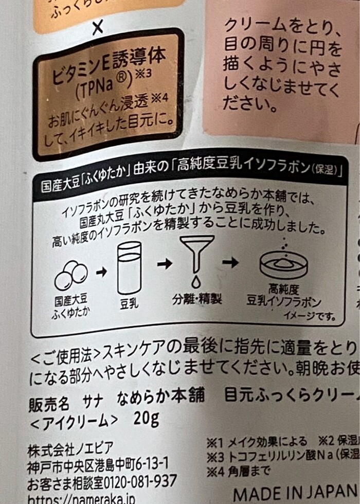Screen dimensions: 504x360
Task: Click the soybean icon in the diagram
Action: [x=71, y=276]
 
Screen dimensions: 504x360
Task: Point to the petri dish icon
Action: [x=283, y=263]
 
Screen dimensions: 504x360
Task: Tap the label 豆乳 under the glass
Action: [x=129, y=303]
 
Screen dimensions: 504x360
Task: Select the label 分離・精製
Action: [x=197, y=299]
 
